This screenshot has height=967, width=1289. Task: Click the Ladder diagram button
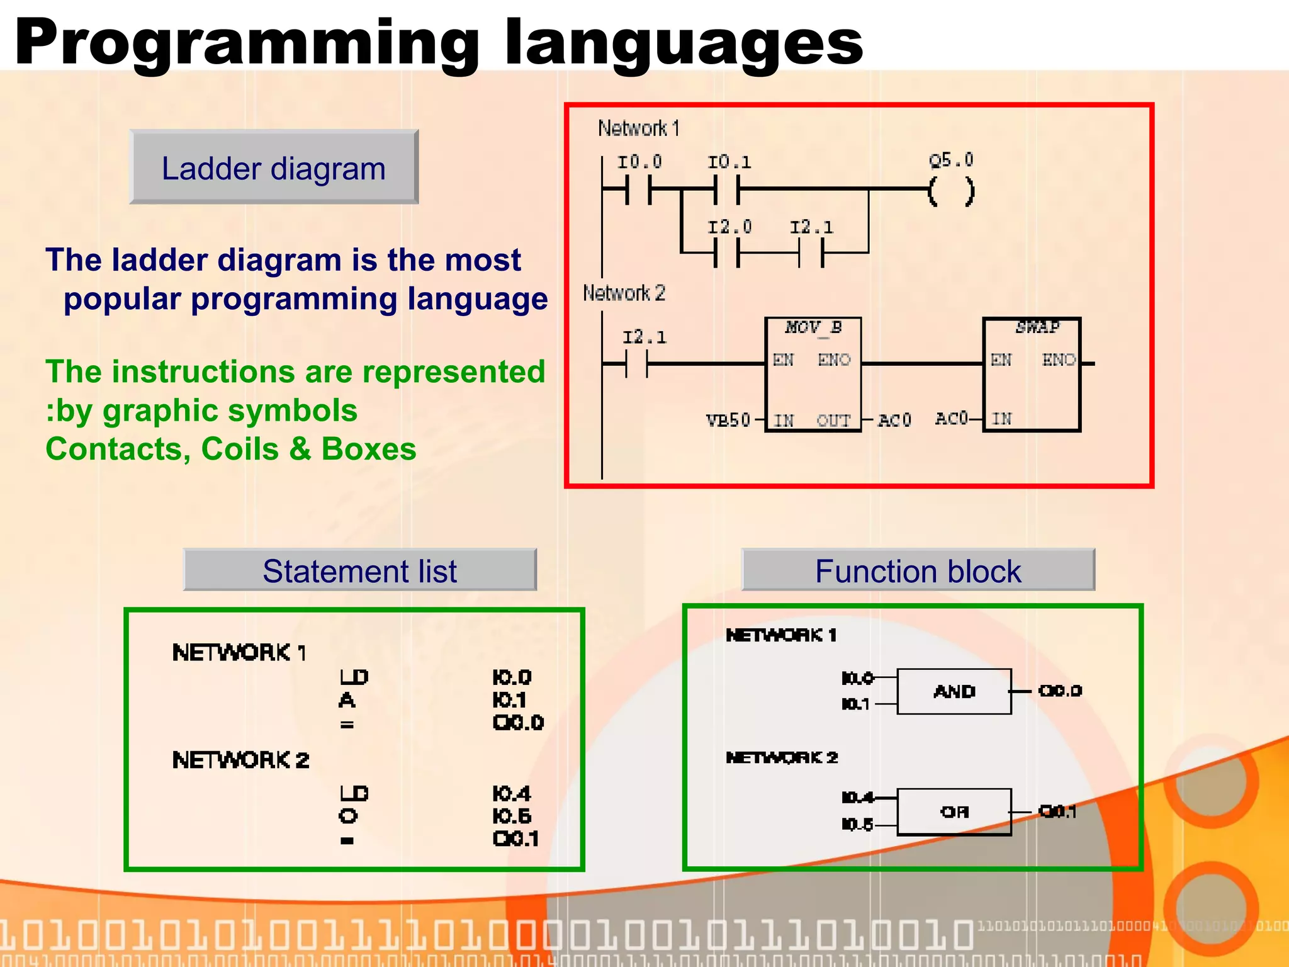tap(274, 167)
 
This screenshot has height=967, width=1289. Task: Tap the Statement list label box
tap(359, 570)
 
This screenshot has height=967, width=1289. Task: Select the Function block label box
tap(918, 570)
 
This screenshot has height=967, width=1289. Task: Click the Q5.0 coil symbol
tap(951, 191)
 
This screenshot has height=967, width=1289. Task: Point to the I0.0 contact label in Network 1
tap(639, 162)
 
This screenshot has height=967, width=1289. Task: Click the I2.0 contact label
tap(729, 227)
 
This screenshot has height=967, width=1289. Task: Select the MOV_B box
tap(813, 374)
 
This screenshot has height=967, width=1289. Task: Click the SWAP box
tap(1032, 374)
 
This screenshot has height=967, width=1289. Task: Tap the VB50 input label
tap(728, 420)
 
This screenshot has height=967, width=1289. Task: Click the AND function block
tap(954, 691)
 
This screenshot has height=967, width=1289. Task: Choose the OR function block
tap(954, 812)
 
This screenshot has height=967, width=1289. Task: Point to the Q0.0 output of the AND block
tap(1060, 691)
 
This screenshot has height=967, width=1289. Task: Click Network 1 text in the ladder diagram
tap(638, 128)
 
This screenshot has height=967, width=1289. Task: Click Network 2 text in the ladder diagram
tap(624, 293)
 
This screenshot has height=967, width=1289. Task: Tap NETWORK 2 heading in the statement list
tap(240, 761)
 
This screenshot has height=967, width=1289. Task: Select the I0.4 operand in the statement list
tap(512, 793)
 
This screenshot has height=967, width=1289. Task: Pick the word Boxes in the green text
tap(368, 450)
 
